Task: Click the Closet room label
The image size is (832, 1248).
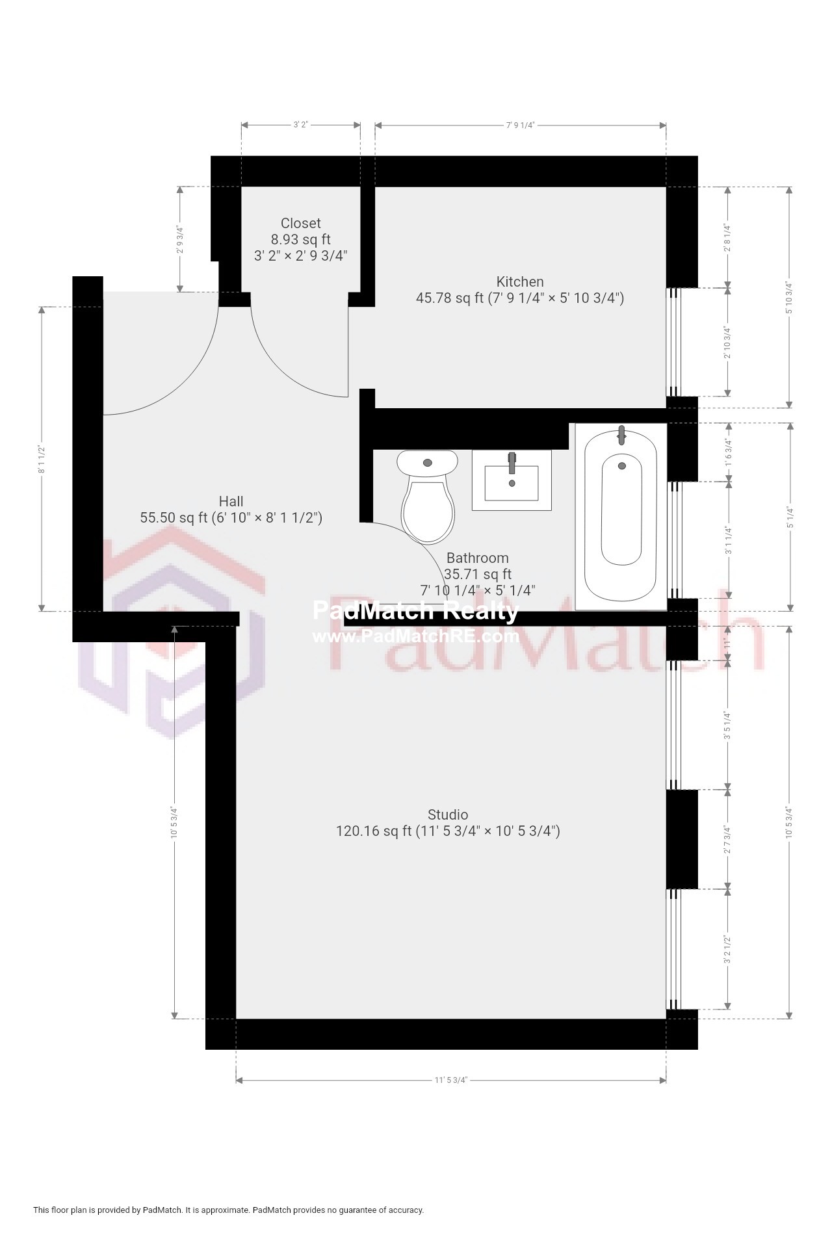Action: click(x=300, y=223)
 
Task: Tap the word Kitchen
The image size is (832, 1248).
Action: click(x=519, y=281)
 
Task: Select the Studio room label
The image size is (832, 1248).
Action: click(x=447, y=814)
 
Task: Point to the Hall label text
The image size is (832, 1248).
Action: click(x=231, y=501)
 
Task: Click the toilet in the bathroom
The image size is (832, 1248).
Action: click(x=427, y=497)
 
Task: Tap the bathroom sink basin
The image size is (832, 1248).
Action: click(x=512, y=484)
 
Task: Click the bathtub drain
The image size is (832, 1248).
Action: click(x=622, y=465)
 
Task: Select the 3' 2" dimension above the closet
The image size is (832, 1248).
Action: click(x=300, y=125)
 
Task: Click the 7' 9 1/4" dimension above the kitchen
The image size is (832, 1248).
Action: click(x=520, y=125)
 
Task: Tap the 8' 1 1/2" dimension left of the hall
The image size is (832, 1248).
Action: click(x=42, y=459)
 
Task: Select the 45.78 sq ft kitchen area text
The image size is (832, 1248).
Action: click(x=450, y=298)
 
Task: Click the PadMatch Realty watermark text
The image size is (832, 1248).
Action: click(x=415, y=611)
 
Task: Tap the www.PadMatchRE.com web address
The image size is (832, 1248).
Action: click(x=415, y=636)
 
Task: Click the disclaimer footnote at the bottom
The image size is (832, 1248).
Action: click(x=228, y=1210)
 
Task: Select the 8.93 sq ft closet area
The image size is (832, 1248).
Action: click(x=300, y=239)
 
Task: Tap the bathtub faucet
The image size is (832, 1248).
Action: click(x=622, y=434)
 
